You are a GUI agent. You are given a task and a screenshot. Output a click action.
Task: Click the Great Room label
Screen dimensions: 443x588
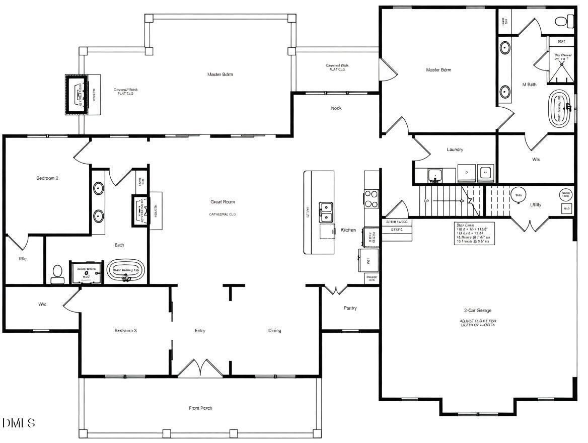(223, 202)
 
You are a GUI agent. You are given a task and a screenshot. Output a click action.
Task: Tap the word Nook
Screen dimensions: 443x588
(336, 108)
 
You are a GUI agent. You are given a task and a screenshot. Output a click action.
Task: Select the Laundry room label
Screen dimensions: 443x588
(455, 150)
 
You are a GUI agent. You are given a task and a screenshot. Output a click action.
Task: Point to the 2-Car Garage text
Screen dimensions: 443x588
(477, 311)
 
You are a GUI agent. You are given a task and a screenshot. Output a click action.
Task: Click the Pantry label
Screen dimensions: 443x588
(350, 308)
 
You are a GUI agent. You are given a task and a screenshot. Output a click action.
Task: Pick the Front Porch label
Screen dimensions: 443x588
(200, 408)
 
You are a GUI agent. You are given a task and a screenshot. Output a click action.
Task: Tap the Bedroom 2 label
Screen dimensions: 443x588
(47, 178)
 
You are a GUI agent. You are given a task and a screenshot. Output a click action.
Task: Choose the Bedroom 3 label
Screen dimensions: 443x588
(125, 331)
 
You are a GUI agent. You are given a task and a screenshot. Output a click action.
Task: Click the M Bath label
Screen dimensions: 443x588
(529, 85)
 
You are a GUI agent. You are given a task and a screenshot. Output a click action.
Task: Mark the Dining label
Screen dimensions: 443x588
(274, 331)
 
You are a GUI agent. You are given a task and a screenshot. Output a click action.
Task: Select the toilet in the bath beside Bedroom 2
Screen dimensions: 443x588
(57, 275)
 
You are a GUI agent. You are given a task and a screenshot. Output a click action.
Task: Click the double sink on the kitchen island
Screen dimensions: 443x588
(326, 211)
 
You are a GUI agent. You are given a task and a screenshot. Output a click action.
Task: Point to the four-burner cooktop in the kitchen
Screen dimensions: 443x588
(371, 198)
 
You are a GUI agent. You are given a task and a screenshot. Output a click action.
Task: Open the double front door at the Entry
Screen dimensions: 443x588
(200, 368)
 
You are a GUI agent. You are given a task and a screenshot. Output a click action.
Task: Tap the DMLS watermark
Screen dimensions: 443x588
(19, 423)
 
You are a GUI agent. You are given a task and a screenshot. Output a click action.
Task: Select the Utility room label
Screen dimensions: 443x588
(536, 205)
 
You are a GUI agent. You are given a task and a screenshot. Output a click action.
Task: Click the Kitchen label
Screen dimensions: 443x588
(348, 230)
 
